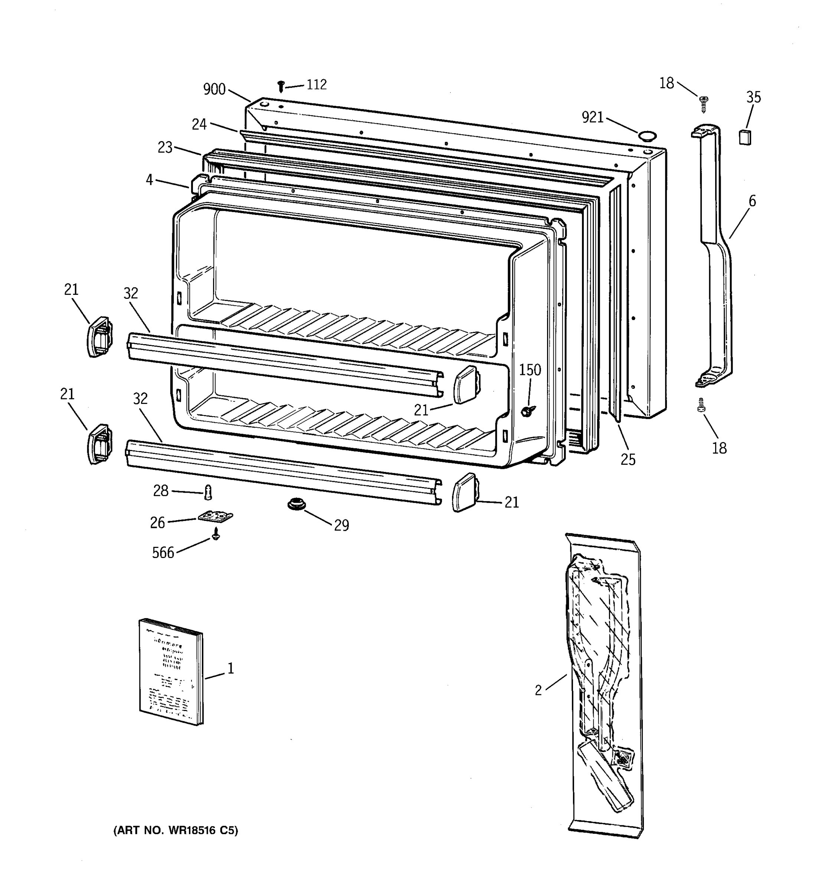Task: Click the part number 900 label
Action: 214,89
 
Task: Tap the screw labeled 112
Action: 281,86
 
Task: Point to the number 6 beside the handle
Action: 752,201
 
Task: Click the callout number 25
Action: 628,459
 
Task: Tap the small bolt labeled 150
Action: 528,411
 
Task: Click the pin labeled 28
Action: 207,492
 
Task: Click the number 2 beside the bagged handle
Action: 538,691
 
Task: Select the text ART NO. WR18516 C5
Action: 176,830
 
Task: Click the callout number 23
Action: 165,147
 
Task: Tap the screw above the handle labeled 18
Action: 703,104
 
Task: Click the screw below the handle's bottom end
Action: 701,405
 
